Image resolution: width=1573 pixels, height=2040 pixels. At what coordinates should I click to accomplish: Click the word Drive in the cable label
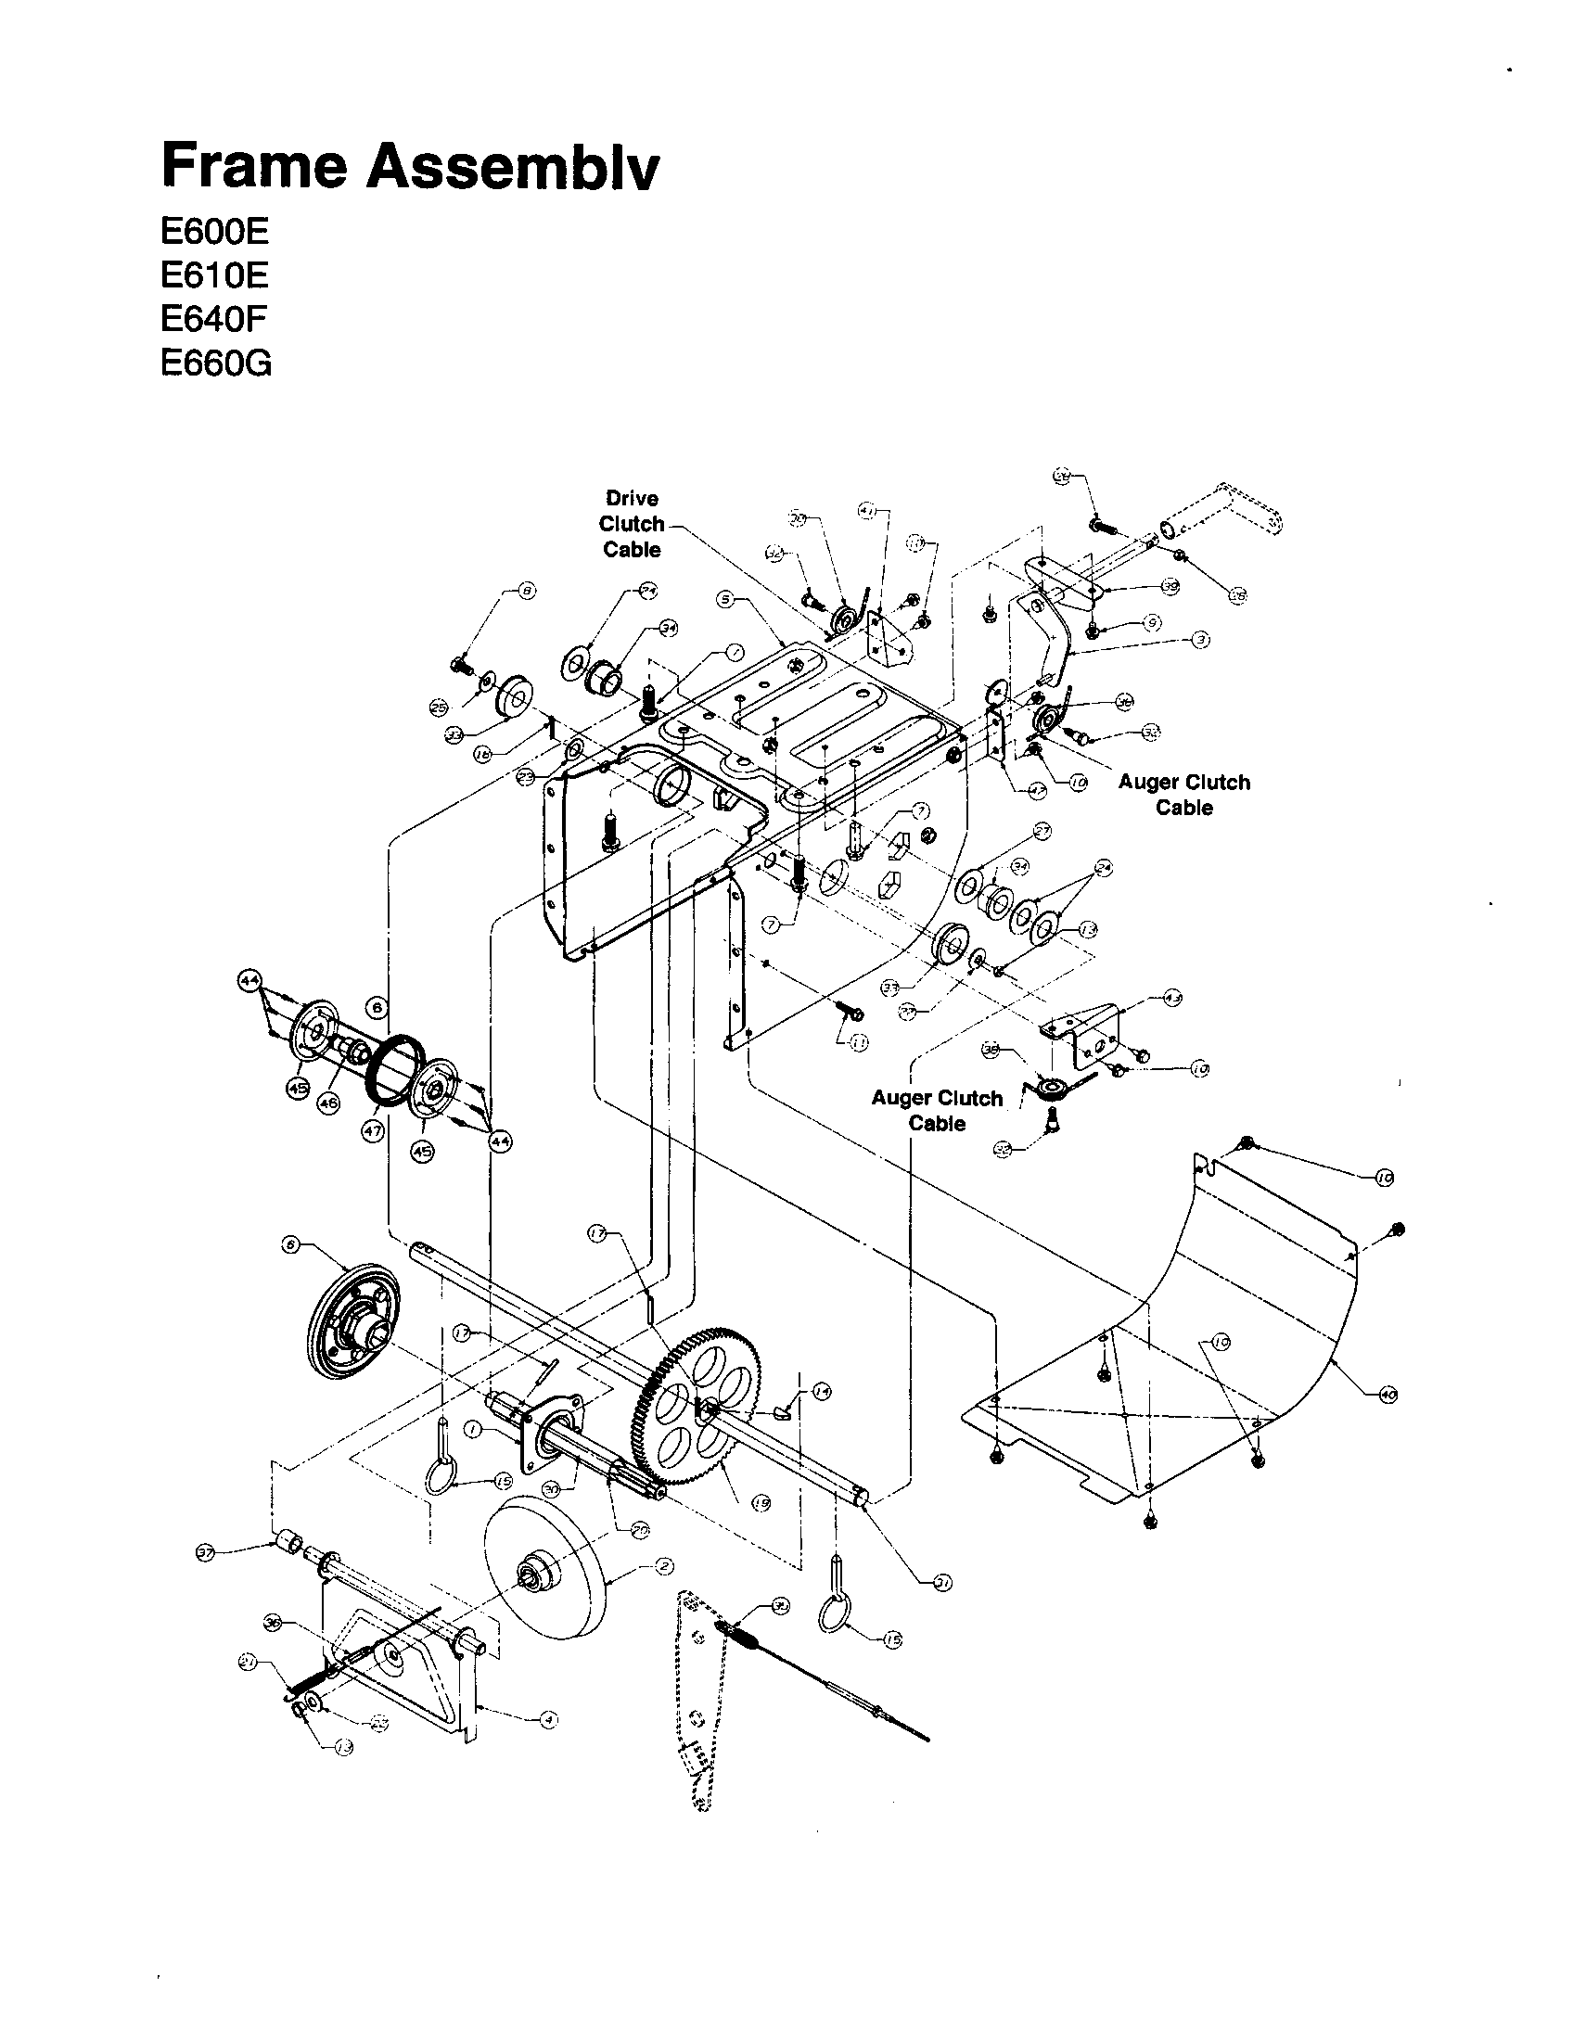(632, 498)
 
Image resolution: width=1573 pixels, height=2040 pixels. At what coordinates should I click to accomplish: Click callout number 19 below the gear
(761, 1503)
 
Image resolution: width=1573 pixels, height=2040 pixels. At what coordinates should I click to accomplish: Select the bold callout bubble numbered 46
(328, 1103)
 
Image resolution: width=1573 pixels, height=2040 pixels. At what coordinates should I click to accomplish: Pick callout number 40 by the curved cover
(1388, 1395)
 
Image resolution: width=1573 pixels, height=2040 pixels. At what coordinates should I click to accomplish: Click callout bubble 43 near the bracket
(1172, 999)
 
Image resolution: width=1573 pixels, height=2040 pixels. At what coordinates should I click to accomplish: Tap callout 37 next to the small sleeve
(206, 1551)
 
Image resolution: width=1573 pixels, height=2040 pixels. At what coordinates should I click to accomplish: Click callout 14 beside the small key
(820, 1392)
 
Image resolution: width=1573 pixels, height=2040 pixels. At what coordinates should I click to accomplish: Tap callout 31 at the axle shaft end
(943, 1582)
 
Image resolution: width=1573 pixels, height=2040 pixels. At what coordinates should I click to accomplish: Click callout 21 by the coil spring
(248, 1662)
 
